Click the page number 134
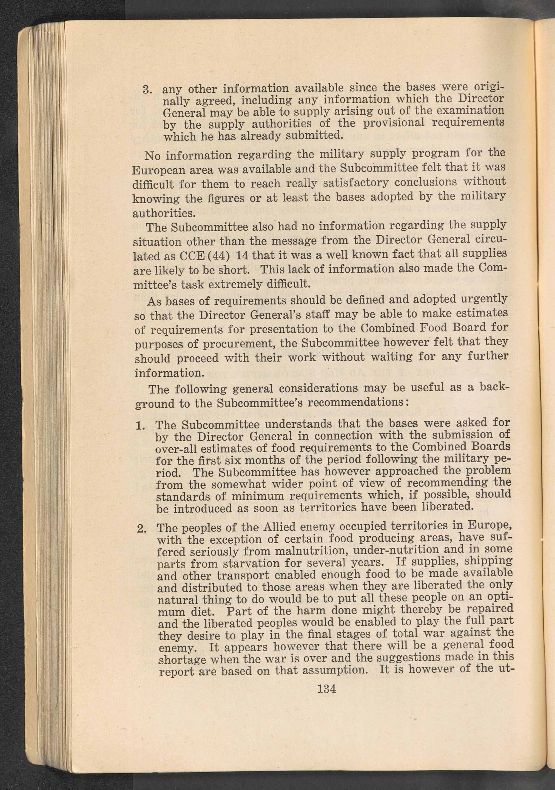327,688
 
